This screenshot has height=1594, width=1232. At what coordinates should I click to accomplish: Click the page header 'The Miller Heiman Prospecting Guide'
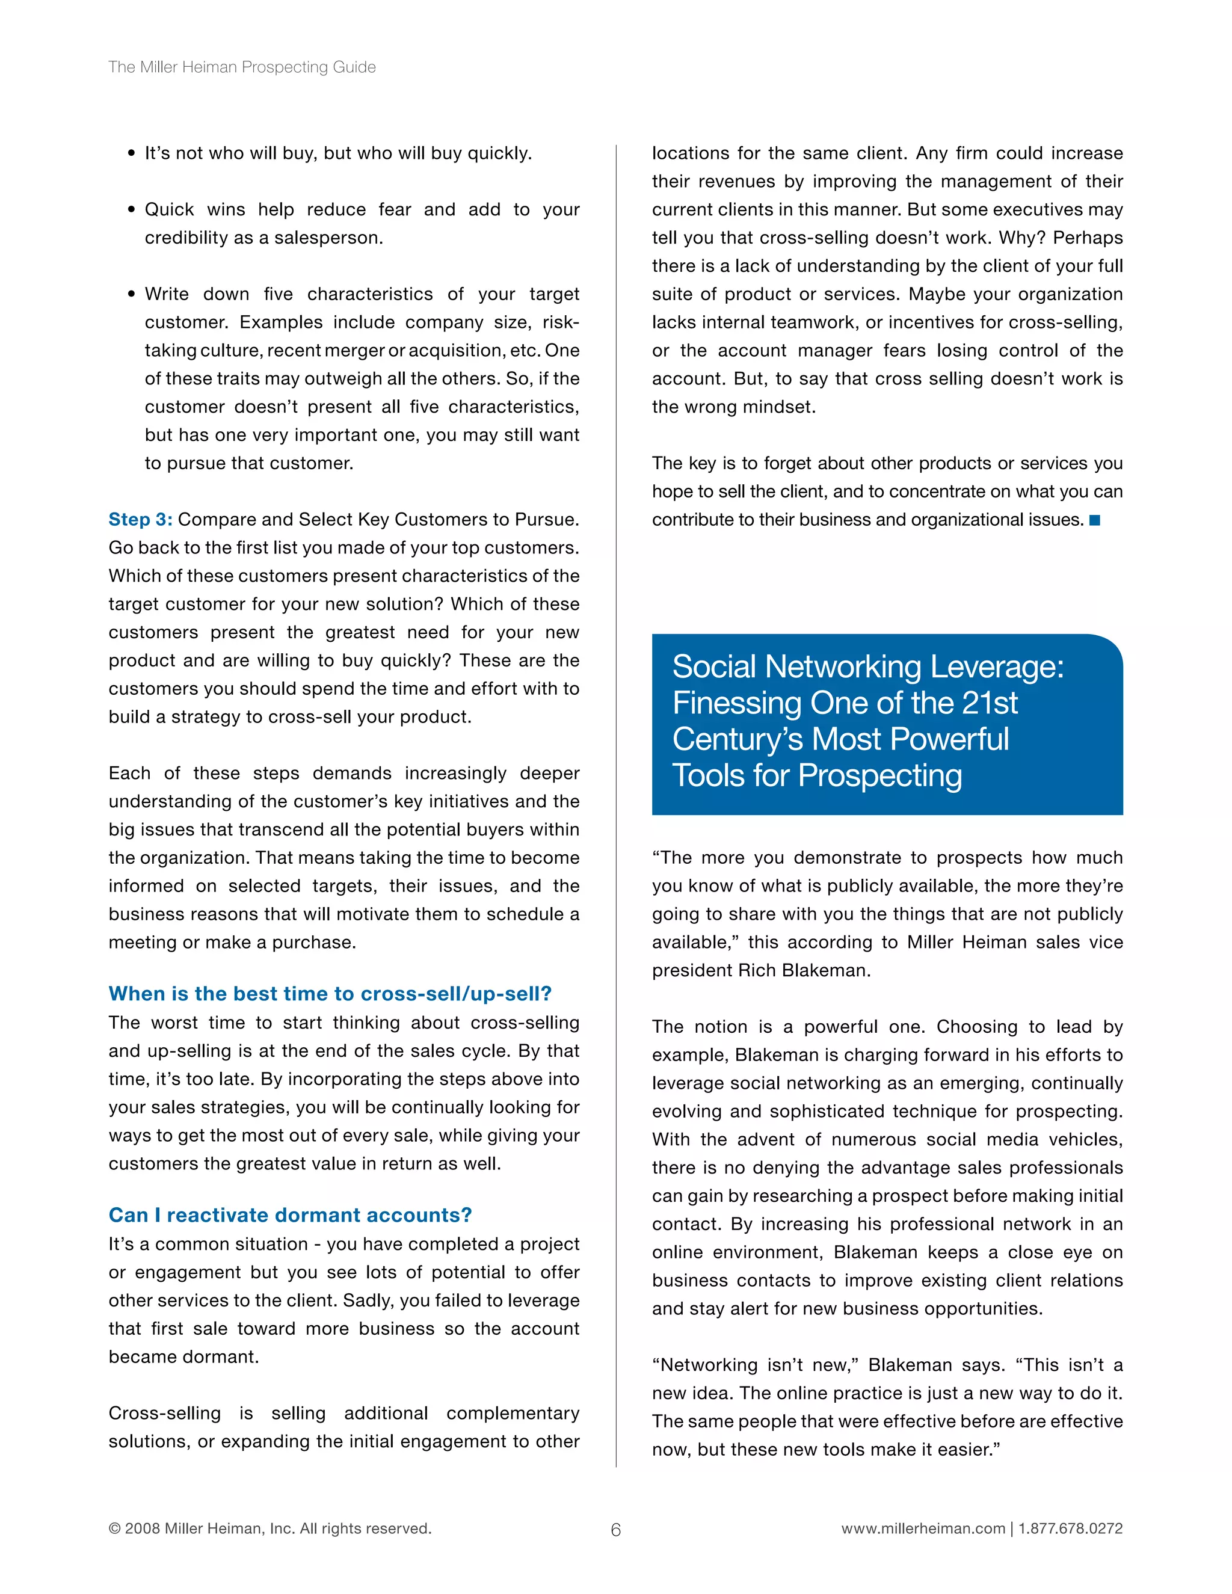point(242,67)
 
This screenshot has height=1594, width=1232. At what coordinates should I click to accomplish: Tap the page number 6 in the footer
point(615,1530)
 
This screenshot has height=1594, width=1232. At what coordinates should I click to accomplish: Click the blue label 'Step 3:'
point(140,520)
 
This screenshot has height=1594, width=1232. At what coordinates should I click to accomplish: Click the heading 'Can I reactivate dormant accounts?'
point(290,1214)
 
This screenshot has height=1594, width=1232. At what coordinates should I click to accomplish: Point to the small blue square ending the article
point(1094,520)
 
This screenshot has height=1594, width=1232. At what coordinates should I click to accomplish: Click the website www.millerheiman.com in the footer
point(923,1528)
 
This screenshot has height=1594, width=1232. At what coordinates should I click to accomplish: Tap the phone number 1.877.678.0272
point(1071,1528)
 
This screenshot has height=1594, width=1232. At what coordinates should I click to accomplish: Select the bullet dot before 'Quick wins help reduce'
point(131,210)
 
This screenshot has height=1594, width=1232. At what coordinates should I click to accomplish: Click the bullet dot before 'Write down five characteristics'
point(131,295)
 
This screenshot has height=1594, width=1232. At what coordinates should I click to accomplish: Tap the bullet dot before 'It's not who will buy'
point(131,154)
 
